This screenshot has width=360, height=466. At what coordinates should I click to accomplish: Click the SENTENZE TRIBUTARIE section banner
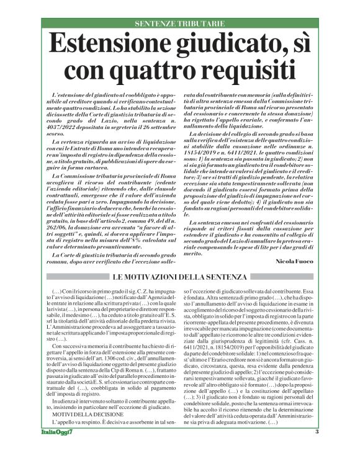180,24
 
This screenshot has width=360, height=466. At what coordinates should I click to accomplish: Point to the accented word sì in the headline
299,45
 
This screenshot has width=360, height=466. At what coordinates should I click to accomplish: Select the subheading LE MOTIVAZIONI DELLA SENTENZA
179,276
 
